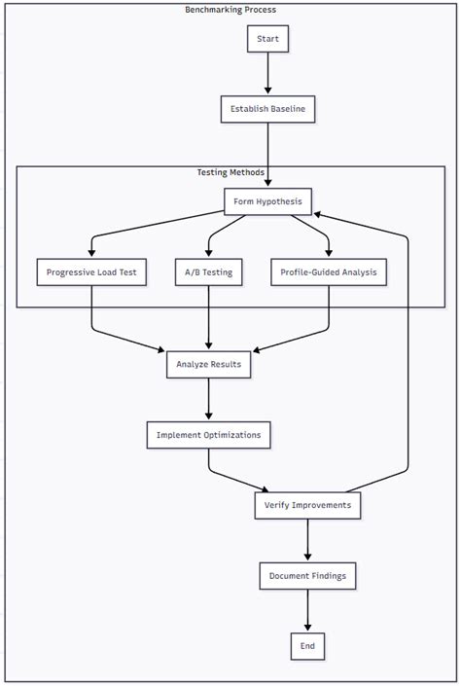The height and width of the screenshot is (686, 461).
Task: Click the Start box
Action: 267,39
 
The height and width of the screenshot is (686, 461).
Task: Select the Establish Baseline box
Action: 267,109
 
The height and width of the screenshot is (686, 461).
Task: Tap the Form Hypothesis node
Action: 267,201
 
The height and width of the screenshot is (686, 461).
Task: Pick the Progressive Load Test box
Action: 91,272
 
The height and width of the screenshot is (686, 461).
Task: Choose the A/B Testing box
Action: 209,272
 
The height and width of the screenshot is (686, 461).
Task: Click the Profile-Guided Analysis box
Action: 328,272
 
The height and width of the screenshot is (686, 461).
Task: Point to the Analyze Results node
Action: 209,365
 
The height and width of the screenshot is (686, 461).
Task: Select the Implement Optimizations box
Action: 209,435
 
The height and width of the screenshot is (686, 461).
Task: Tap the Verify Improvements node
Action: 308,506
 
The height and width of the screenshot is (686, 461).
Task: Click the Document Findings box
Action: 308,576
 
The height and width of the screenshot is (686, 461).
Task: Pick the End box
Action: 308,646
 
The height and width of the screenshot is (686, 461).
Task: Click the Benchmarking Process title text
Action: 230,10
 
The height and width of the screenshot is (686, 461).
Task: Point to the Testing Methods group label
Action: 230,172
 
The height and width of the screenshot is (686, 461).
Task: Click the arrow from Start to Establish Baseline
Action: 267,74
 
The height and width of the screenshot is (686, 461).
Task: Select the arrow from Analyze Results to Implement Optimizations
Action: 209,400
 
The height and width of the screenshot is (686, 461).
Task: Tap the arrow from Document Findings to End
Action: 308,611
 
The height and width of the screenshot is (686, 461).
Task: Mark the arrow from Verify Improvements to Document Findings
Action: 308,541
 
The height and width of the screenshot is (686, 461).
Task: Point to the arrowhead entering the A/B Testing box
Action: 209,253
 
